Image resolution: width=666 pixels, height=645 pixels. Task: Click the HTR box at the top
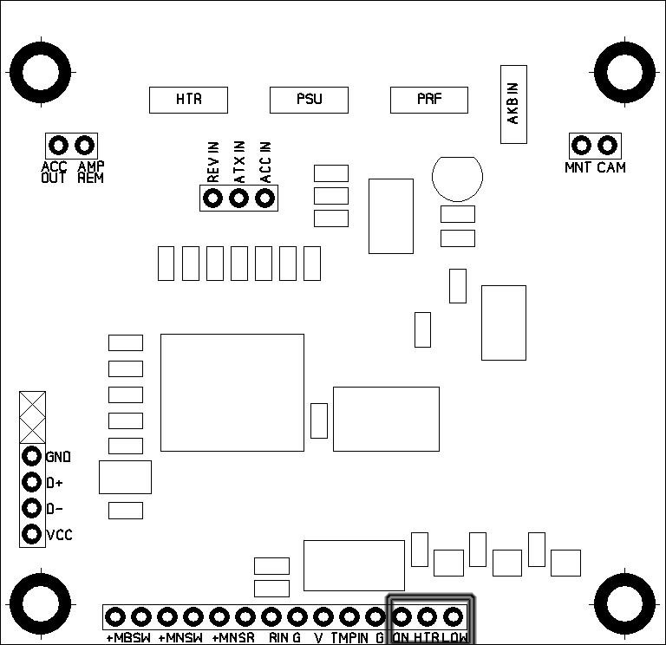188,100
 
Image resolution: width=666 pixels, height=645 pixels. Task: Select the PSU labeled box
309,100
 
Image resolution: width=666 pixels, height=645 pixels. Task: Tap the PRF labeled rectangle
429,100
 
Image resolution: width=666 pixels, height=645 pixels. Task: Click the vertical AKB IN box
513,104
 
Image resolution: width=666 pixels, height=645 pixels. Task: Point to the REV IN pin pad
212,199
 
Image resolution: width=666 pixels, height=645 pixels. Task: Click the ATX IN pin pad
238,199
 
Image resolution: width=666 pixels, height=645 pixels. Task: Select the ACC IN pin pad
264,199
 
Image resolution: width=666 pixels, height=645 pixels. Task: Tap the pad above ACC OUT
58,145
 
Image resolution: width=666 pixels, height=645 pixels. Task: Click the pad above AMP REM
84,145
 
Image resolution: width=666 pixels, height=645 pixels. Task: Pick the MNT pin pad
582,145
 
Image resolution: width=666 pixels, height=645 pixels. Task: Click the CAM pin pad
608,145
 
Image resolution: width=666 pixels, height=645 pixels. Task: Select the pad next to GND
32,456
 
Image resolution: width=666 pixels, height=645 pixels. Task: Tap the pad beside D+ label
32,482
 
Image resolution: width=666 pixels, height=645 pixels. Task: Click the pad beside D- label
32,508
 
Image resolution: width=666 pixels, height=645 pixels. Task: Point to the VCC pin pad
32,534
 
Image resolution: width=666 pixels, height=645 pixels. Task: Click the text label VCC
59,536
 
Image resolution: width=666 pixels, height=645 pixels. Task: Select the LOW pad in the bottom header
454,616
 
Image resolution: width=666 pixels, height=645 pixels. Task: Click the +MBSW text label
128,639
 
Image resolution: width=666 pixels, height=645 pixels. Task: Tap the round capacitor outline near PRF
456,179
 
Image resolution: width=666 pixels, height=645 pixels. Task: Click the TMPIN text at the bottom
349,639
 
